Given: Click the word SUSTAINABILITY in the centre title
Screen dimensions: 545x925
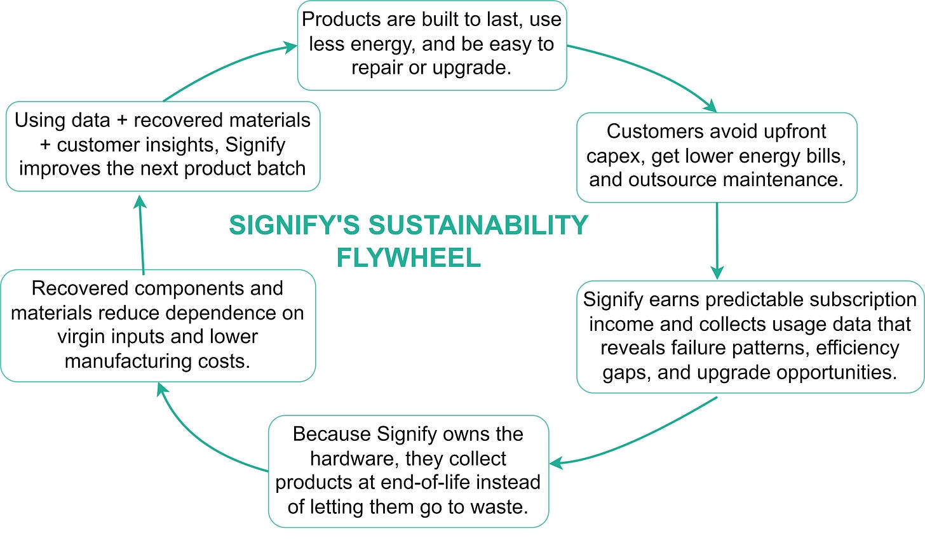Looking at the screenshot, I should pyautogui.click(x=478, y=225).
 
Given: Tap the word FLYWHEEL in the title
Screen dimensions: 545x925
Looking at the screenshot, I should pyautogui.click(x=408, y=258).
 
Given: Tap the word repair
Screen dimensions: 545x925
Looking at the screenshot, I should pyautogui.click(x=377, y=68).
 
